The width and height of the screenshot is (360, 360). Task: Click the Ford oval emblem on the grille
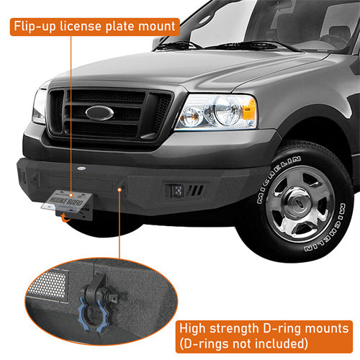[x=99, y=113]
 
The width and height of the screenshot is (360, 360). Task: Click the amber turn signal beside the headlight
[x=248, y=109]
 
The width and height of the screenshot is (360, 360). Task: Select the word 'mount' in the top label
[x=158, y=27]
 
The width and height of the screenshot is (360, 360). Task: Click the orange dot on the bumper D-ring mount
[x=120, y=189]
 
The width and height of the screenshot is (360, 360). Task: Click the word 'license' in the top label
[x=89, y=27]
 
